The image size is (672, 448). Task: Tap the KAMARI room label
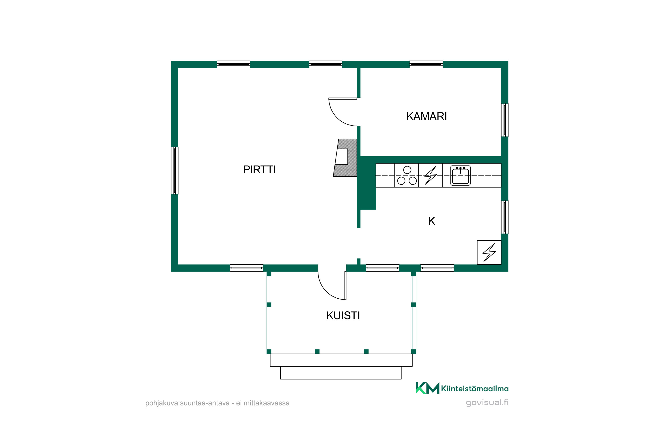tap(426, 116)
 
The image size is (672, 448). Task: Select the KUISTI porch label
tap(343, 315)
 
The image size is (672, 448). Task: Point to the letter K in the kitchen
tap(431, 221)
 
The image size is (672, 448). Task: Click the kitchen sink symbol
tap(460, 175)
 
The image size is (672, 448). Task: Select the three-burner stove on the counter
tap(407, 175)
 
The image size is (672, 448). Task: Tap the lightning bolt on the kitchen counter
tap(431, 175)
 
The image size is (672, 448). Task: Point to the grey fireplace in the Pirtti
tap(345, 158)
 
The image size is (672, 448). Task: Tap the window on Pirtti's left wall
tap(174, 170)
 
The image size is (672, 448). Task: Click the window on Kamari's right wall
tap(505, 120)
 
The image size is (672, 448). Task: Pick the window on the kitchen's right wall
tap(505, 217)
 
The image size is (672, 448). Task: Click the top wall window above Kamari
tap(426, 64)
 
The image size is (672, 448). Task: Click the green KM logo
tap(427, 388)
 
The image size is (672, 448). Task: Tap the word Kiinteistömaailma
tap(475, 389)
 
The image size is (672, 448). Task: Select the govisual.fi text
tap(487, 403)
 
